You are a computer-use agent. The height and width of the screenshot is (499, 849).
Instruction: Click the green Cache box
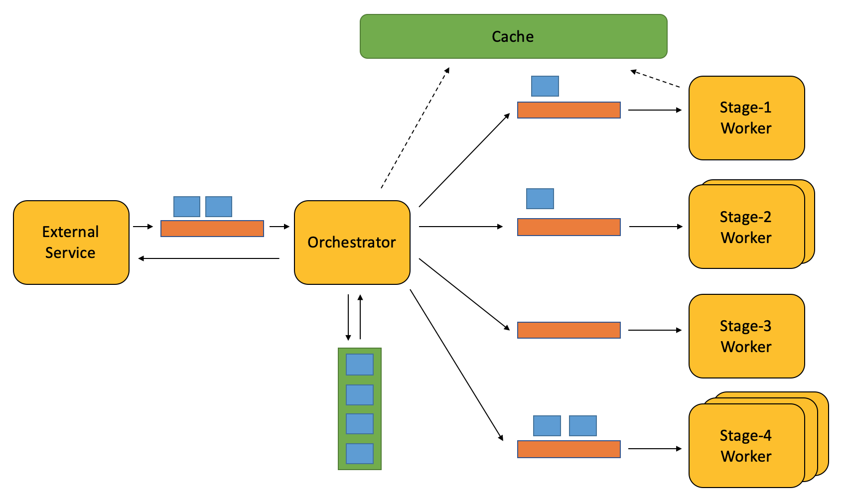pos(514,36)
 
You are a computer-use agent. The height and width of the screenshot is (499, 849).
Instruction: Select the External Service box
pos(71,243)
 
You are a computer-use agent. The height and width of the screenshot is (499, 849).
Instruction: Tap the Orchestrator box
pos(352,243)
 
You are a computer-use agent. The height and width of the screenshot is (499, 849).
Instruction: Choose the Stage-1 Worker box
pos(747,118)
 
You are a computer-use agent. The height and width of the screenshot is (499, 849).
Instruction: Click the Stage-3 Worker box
pos(747,336)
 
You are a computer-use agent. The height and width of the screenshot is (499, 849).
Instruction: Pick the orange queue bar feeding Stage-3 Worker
pos(569,330)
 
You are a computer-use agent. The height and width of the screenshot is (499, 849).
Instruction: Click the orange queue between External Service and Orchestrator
pos(212,229)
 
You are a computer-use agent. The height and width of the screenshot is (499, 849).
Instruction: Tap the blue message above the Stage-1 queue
pos(545,86)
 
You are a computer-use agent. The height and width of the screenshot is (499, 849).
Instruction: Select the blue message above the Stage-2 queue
pos(540,199)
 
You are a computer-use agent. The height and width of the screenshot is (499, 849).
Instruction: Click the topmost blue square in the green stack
pos(360,365)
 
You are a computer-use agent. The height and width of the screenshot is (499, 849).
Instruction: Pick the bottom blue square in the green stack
pos(360,454)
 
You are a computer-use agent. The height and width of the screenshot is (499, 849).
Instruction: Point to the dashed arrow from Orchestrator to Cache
pos(415,127)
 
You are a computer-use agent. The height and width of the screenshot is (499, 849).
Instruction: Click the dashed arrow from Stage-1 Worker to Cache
pos(655,78)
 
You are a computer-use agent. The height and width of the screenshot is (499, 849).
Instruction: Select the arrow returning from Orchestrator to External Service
pos(209,258)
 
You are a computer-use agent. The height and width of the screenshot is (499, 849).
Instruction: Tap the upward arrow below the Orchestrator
pos(360,317)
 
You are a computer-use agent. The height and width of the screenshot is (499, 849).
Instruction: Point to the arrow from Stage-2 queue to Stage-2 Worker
pos(656,227)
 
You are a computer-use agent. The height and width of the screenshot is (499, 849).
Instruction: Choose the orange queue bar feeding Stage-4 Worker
pos(569,449)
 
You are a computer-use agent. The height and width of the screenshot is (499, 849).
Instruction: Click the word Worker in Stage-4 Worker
pos(746,456)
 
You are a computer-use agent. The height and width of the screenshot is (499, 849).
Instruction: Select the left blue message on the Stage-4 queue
pos(547,426)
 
